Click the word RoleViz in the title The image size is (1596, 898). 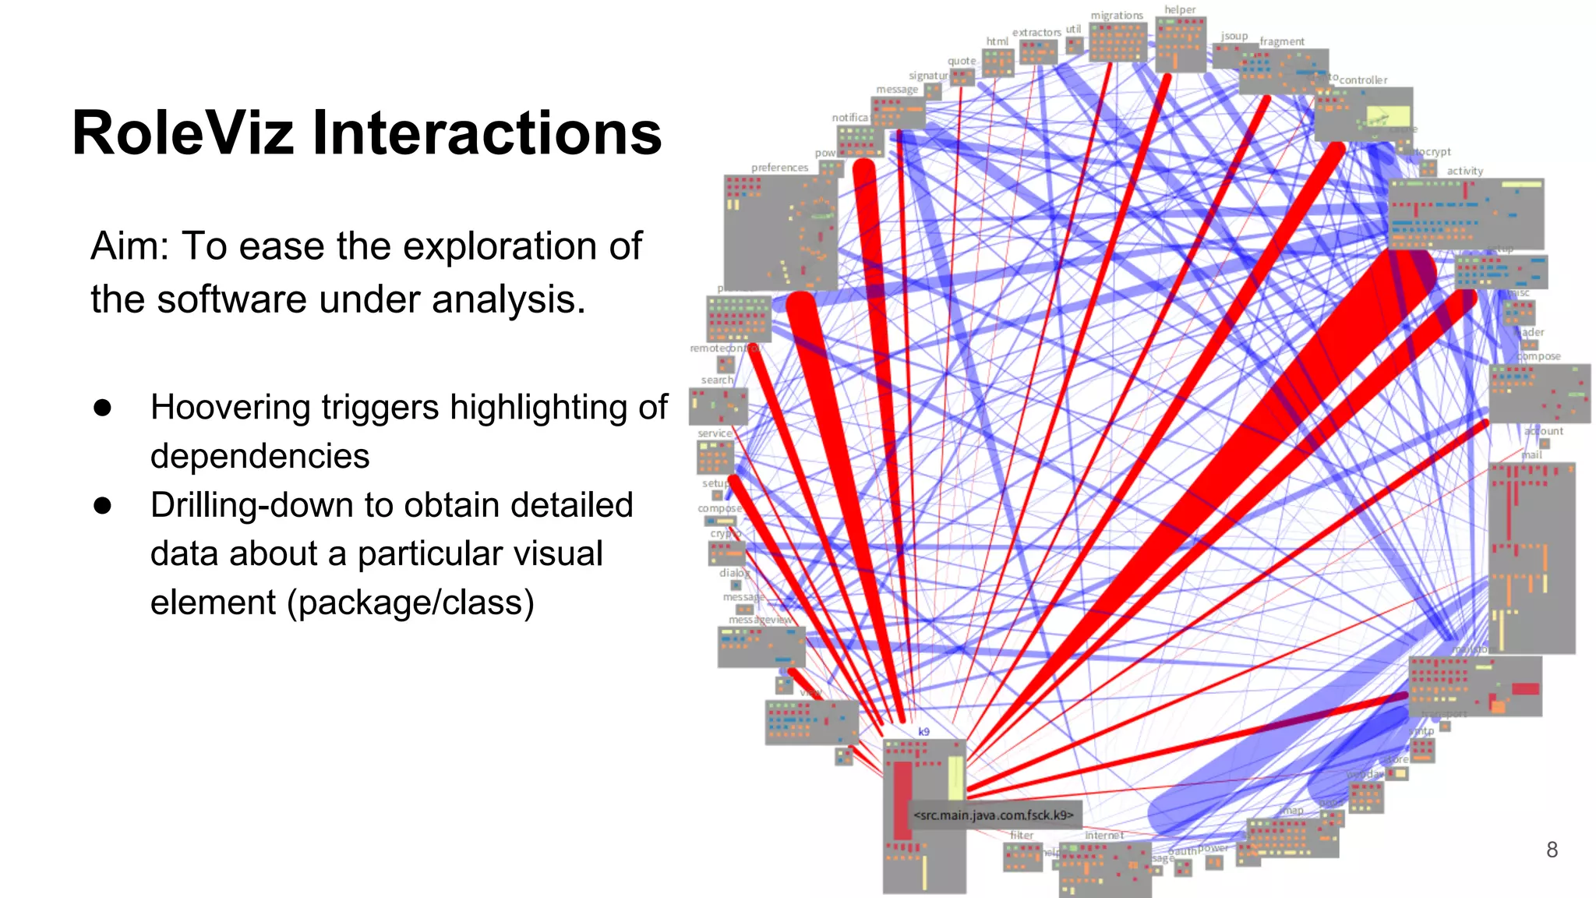click(182, 133)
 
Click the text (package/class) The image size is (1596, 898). click(410, 603)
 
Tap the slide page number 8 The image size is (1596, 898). click(1552, 850)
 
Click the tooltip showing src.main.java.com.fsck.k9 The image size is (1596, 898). click(994, 815)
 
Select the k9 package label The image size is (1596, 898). click(923, 731)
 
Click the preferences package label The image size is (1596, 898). click(779, 168)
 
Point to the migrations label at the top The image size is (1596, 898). click(1116, 16)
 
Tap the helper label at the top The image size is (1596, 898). click(1180, 9)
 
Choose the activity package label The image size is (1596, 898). click(1464, 171)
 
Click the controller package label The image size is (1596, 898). click(1363, 80)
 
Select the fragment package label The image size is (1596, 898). click(1282, 41)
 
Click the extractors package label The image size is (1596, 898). click(1036, 32)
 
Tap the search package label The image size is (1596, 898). click(717, 380)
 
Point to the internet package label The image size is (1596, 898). click(1104, 835)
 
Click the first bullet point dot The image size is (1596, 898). click(102, 408)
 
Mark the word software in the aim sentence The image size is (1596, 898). click(231, 299)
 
